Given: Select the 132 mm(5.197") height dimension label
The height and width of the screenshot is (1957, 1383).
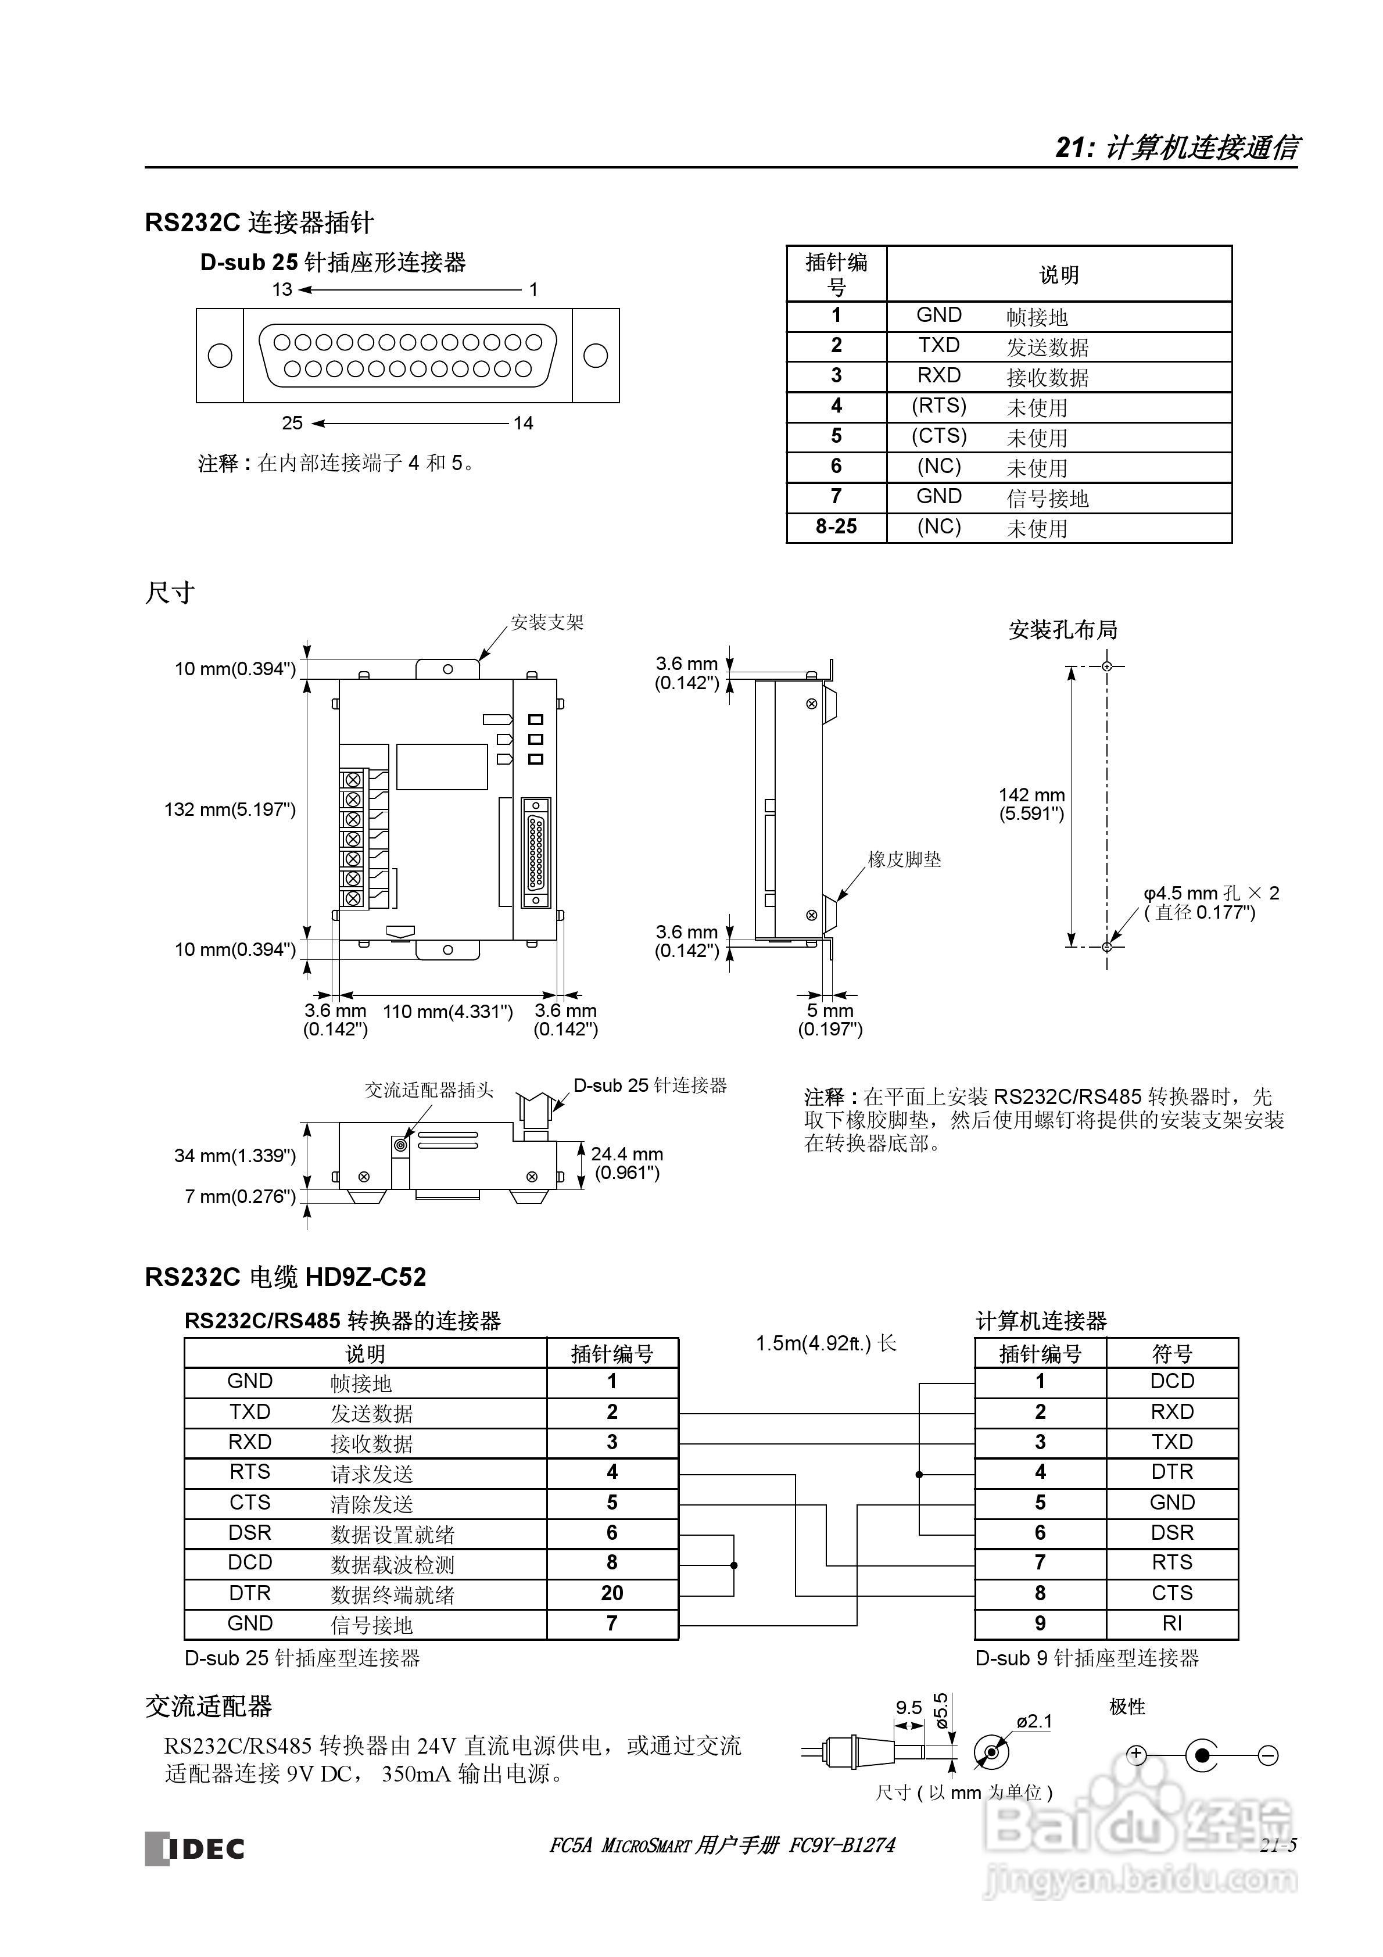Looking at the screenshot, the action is click(x=230, y=809).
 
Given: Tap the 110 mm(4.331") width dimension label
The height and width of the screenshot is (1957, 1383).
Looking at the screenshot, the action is click(x=447, y=1012).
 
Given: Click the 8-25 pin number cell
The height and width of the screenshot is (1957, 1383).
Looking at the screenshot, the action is click(x=836, y=527).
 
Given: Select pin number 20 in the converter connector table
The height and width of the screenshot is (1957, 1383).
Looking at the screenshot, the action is click(x=612, y=1593).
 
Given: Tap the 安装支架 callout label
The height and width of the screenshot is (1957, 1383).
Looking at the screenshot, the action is click(x=547, y=622).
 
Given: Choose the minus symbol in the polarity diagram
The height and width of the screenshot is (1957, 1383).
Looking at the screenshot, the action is click(x=1268, y=1755).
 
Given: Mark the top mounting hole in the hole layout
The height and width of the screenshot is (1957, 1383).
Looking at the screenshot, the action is click(x=1107, y=666).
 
